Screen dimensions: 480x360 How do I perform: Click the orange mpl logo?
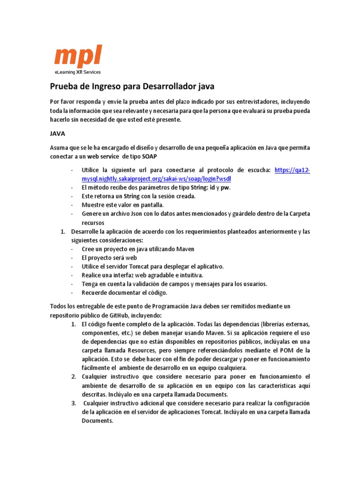[x=77, y=56]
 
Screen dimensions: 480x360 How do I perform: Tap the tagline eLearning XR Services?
[x=77, y=72]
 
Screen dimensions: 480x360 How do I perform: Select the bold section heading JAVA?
[x=58, y=134]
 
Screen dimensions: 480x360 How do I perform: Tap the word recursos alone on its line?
[x=93, y=223]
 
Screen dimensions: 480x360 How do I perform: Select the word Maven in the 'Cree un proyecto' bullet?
[x=185, y=249]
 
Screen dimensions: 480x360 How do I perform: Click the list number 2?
[x=74, y=376]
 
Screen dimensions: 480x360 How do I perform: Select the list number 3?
[x=74, y=403]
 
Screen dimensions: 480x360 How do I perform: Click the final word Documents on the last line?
[x=97, y=420]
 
